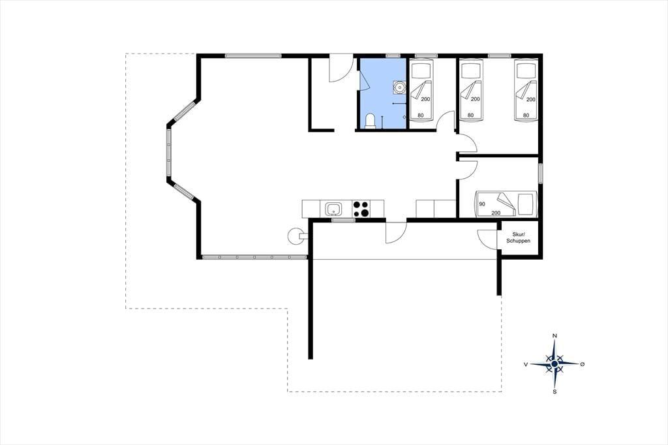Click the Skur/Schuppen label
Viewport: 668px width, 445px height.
click(x=519, y=238)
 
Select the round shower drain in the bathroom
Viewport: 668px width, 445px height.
click(x=400, y=88)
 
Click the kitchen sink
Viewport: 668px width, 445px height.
click(x=333, y=209)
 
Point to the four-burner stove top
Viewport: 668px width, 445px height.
click(x=361, y=209)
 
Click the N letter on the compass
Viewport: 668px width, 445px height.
click(x=554, y=336)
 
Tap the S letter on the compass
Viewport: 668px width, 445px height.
click(x=554, y=391)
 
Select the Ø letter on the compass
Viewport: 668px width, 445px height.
click(x=583, y=364)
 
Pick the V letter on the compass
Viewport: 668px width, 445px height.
click(x=526, y=364)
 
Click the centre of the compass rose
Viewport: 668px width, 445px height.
click(x=554, y=364)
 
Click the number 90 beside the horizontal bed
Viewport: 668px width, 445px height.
click(x=482, y=204)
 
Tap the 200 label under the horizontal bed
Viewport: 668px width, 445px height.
click(x=496, y=213)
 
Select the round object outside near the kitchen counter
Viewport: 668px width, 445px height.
click(x=296, y=237)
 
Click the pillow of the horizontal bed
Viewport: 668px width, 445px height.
click(x=525, y=204)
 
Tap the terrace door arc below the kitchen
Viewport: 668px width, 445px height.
click(x=396, y=234)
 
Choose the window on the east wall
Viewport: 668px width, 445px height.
click(x=540, y=174)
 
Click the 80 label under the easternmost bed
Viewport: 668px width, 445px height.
click(x=526, y=115)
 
